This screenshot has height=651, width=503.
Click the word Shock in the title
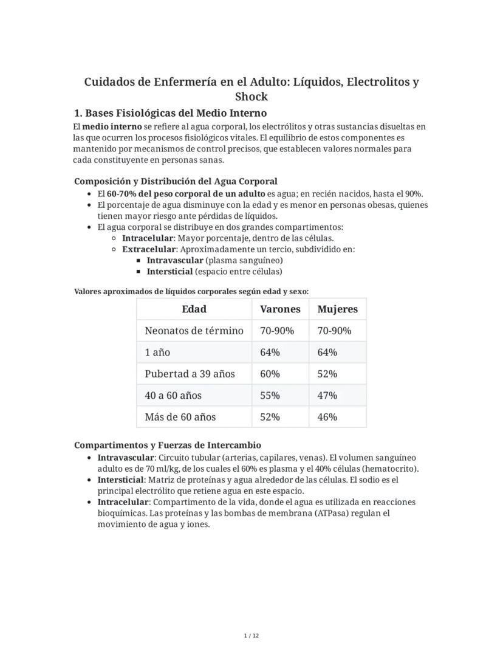pyautogui.click(x=251, y=97)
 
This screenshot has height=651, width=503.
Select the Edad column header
pyautogui.click(x=194, y=309)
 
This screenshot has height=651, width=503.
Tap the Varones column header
pyautogui.click(x=280, y=309)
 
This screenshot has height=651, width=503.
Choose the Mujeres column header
pyautogui.click(x=337, y=309)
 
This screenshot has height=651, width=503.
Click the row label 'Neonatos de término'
pyautogui.click(x=194, y=331)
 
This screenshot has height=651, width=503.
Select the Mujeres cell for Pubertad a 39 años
pyautogui.click(x=327, y=374)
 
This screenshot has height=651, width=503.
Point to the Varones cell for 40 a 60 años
pyautogui.click(x=270, y=395)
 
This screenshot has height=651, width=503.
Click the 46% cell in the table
pyautogui.click(x=327, y=417)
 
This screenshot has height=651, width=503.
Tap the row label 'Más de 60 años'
pyautogui.click(x=180, y=417)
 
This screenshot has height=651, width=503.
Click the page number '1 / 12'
pyautogui.click(x=251, y=636)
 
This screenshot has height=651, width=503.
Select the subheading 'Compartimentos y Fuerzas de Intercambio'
pyautogui.click(x=168, y=445)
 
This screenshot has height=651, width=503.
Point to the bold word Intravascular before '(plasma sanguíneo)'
pyautogui.click(x=175, y=260)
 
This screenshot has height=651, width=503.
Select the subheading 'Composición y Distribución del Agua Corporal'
pyautogui.click(x=176, y=181)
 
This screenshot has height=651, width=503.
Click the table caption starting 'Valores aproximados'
pyautogui.click(x=191, y=292)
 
